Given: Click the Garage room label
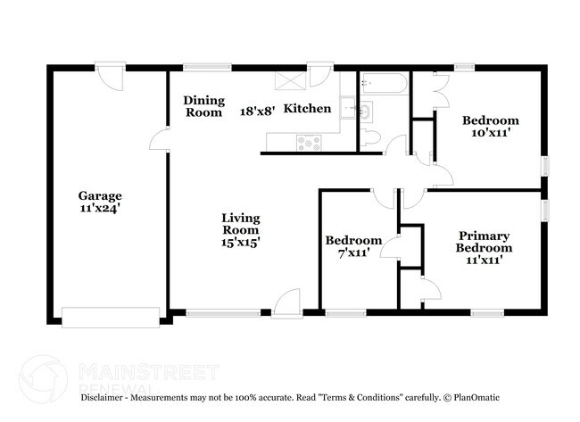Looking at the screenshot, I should tap(99, 195).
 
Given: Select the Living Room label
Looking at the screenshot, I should tap(240, 222).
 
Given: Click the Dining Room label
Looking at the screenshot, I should tap(203, 106).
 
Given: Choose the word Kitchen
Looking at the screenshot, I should tap(307, 109).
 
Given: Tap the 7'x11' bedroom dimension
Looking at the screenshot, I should tap(353, 253).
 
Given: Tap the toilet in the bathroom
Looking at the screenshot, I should tap(372, 138).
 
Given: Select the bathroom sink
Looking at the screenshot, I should tap(367, 112).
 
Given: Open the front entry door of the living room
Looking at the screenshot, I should tap(287, 305).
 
